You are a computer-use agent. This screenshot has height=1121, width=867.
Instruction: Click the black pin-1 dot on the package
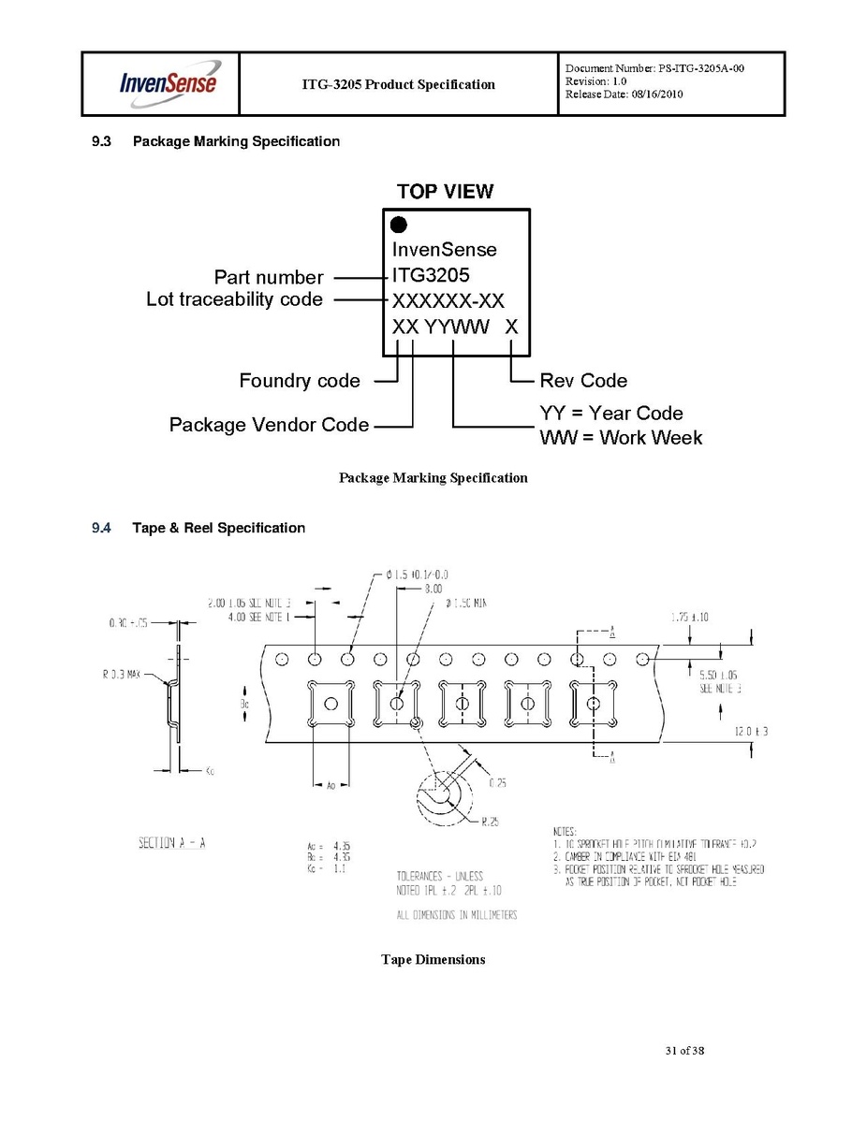pyautogui.click(x=399, y=225)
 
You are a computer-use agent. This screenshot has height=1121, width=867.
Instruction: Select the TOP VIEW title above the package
pyautogui.click(x=445, y=192)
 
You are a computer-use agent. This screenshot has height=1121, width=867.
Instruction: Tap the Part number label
pyautogui.click(x=269, y=277)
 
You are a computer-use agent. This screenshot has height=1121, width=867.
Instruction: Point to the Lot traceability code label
pyautogui.click(x=234, y=299)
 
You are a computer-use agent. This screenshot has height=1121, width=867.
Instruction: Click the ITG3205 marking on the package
pyautogui.click(x=431, y=276)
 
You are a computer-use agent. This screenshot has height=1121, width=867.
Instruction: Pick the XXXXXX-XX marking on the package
pyautogui.click(x=448, y=301)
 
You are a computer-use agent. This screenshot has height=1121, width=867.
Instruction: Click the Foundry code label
pyautogui.click(x=300, y=381)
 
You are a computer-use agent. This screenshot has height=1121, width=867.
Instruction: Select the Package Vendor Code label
pyautogui.click(x=269, y=425)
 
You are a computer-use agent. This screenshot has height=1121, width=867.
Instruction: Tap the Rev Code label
pyautogui.click(x=583, y=381)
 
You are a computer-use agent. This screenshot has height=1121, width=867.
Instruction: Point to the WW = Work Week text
pyautogui.click(x=621, y=438)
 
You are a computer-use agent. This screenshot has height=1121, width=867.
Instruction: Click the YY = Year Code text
pyautogui.click(x=611, y=414)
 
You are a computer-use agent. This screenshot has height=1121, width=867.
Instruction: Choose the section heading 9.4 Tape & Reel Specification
pyautogui.click(x=198, y=528)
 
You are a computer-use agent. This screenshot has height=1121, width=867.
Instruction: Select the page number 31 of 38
pyautogui.click(x=684, y=1051)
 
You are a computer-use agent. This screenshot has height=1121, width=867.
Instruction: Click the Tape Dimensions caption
pyautogui.click(x=433, y=959)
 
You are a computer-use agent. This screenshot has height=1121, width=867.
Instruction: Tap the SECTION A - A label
pyautogui.click(x=171, y=843)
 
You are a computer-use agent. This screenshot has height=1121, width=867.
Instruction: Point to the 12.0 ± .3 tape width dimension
pyautogui.click(x=752, y=731)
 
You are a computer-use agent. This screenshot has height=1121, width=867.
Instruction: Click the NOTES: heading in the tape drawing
pyautogui.click(x=565, y=831)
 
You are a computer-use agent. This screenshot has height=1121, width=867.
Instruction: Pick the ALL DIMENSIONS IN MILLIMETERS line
pyautogui.click(x=457, y=914)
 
